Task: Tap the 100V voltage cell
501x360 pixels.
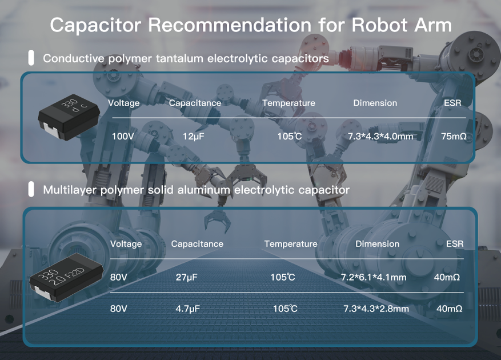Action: [x=123, y=136]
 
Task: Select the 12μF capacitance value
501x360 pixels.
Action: [x=193, y=137]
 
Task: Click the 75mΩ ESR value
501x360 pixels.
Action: [x=454, y=137]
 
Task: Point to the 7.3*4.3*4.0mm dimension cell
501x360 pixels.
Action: [x=380, y=137]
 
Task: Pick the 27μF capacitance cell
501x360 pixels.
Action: [x=186, y=277]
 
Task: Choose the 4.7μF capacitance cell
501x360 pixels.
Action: [x=187, y=309]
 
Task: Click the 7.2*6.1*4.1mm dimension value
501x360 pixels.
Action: [x=374, y=277]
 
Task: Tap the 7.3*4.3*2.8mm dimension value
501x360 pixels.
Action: [x=376, y=309]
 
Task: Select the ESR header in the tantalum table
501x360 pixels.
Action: [x=453, y=103]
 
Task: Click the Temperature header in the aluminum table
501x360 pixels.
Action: [x=291, y=244]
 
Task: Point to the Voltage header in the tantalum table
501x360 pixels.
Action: [x=124, y=103]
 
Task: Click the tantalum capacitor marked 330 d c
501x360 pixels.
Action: [x=69, y=117]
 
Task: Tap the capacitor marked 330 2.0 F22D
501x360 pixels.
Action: [x=67, y=277]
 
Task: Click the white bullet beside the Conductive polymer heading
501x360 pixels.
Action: [x=31, y=58]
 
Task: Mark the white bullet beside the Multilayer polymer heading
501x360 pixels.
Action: [x=31, y=189]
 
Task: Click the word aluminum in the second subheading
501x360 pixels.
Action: [x=203, y=190]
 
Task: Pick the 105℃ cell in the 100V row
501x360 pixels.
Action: [x=289, y=137]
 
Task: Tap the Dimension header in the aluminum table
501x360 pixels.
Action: [x=378, y=244]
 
